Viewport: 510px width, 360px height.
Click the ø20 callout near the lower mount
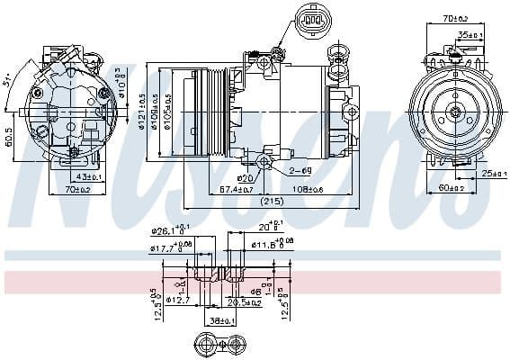(x=244, y=177)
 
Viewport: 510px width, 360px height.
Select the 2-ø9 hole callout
(x=300, y=170)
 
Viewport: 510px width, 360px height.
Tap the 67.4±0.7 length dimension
(x=237, y=190)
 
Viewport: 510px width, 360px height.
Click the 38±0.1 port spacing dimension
(x=216, y=319)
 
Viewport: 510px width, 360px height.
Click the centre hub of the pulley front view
(x=453, y=112)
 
